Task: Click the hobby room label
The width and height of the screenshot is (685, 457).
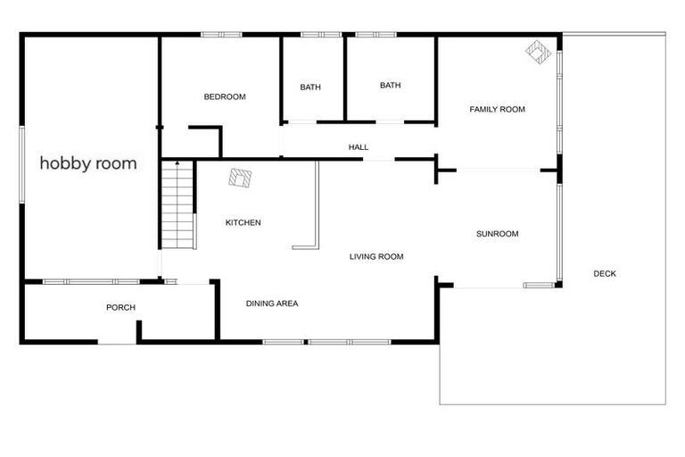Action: pos(88,163)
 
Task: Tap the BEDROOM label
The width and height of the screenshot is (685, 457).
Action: pos(224,96)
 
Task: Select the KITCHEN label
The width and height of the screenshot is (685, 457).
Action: pos(243,222)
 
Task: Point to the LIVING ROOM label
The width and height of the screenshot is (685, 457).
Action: pos(376,256)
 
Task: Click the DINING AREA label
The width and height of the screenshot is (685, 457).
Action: pos(272,303)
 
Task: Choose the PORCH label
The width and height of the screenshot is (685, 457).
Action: pos(120,307)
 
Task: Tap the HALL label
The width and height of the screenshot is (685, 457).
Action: pos(359,147)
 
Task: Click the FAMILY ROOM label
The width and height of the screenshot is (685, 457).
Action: pos(497,109)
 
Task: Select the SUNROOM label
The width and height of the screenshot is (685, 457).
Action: pos(497,234)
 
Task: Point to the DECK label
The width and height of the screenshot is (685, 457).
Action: pos(605,273)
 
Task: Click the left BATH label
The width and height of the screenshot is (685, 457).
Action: pos(310,87)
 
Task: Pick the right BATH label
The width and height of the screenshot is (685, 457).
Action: pos(390,86)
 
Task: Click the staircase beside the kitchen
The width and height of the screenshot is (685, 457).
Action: pos(178,205)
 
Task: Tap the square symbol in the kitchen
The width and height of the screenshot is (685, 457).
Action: pos(239,179)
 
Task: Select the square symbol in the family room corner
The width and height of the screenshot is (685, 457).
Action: pos(537,53)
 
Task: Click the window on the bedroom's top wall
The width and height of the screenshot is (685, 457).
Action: pos(221,35)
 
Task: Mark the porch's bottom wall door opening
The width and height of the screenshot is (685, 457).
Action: pos(116,341)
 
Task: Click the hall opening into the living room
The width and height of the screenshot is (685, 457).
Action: pos(379,160)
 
